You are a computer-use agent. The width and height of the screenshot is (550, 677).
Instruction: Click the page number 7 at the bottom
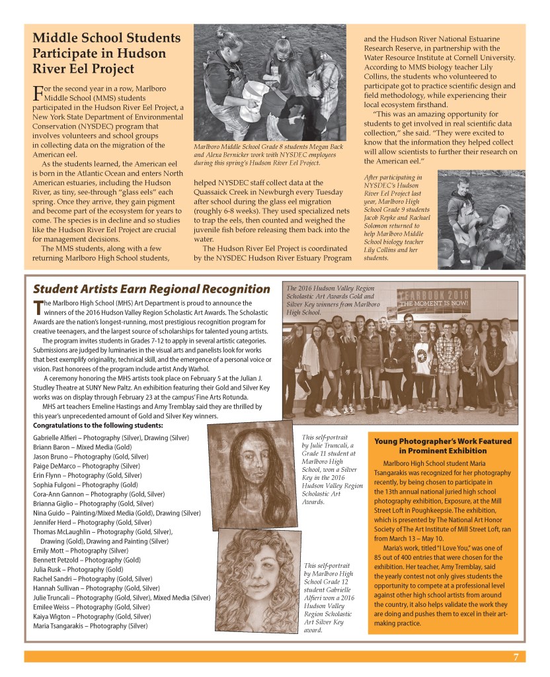pyautogui.click(x=515, y=656)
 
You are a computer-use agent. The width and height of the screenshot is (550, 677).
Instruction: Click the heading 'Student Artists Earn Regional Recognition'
pyautogui.click(x=151, y=289)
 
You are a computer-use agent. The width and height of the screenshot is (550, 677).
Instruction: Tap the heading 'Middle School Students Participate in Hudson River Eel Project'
pyautogui.click(x=106, y=53)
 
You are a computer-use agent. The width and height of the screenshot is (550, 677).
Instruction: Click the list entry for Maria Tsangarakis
pyautogui.click(x=90, y=625)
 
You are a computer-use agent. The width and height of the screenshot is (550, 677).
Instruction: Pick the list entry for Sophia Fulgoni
pyautogui.click(x=85, y=484)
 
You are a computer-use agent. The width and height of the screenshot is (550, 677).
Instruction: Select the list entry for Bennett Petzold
pyautogui.click(x=86, y=560)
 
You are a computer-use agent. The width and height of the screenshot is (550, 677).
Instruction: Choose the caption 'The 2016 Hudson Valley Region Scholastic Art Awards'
pyautogui.click(x=330, y=300)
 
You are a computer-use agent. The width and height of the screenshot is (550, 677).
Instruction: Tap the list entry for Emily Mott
pyautogui.click(x=80, y=551)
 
